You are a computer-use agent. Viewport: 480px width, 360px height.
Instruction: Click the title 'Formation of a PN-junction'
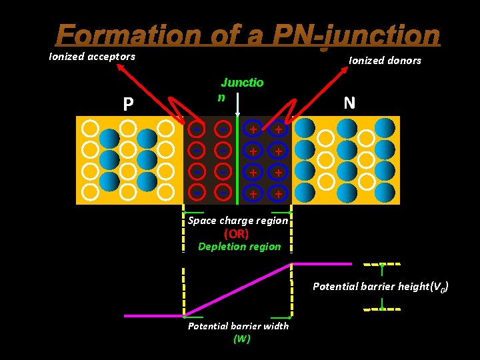[248, 35]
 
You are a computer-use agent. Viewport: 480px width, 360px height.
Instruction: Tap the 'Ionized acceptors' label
[92, 57]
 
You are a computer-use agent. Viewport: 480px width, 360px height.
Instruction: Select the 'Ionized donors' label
[385, 61]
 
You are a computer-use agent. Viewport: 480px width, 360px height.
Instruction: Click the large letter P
[128, 104]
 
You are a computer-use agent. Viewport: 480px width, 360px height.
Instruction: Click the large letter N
[349, 103]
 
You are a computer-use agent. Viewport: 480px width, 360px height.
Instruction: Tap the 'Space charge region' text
[238, 221]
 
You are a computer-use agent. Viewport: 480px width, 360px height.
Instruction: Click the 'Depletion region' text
[239, 247]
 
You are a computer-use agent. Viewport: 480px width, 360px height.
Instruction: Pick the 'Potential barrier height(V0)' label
[381, 287]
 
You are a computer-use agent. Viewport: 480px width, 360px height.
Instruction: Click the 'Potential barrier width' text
[238, 326]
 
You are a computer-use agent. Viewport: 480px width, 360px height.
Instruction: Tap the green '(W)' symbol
[241, 339]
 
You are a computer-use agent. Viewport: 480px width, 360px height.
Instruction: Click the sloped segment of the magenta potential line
[238, 289]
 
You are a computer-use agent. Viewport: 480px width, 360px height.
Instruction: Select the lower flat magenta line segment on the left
[153, 315]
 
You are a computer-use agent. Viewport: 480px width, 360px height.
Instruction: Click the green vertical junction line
[238, 160]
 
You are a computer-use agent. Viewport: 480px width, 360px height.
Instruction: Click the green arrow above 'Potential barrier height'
[381, 269]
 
